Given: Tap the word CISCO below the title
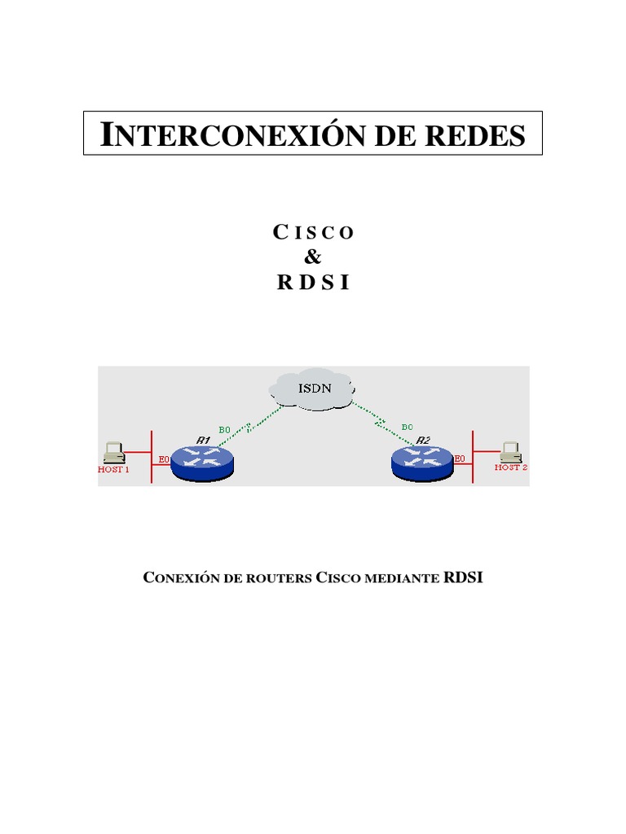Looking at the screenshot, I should (x=314, y=232).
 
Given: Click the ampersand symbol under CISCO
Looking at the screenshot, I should (x=313, y=258).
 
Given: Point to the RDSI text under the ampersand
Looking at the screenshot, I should (x=313, y=284).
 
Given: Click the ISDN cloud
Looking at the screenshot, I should (x=313, y=388).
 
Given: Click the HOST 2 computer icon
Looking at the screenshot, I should (x=511, y=450).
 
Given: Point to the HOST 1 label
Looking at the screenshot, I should (x=113, y=471).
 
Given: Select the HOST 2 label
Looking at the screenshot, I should (x=512, y=467).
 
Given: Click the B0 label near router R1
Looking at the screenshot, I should (x=224, y=429).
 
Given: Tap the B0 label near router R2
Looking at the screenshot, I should (x=407, y=426).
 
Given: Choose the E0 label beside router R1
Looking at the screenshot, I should (x=163, y=459).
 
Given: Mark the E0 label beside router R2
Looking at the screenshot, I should (x=460, y=459).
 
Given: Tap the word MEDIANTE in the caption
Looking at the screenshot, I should (x=405, y=579).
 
